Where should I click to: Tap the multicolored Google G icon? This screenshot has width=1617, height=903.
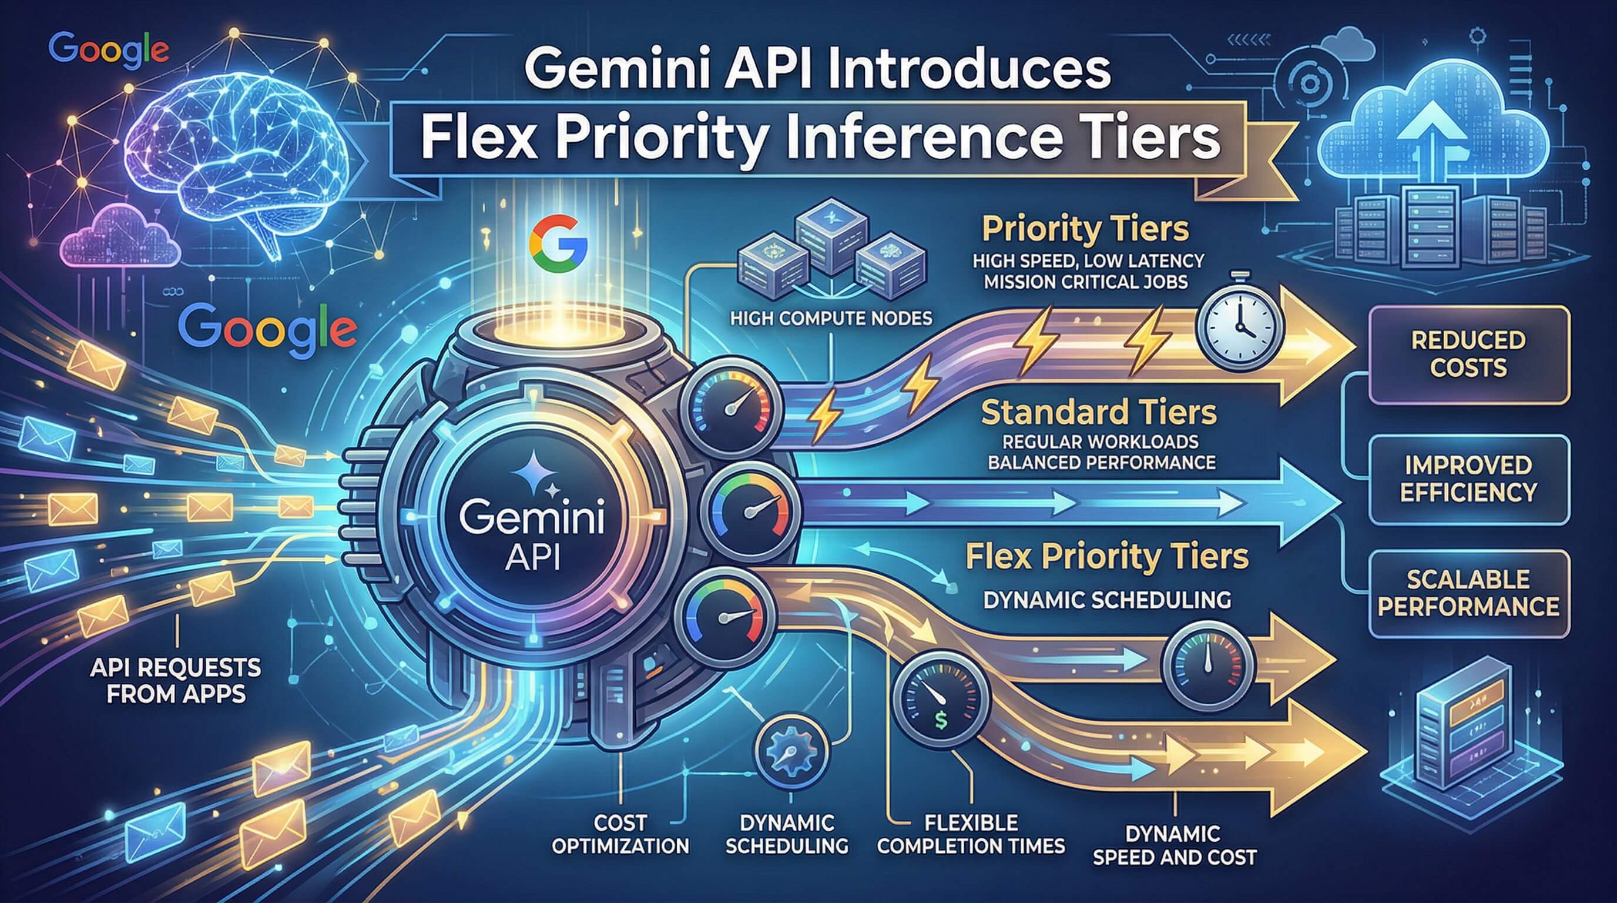[558, 243]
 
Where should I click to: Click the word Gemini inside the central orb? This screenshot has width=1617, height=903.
[532, 518]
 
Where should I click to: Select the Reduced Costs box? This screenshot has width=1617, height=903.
[1468, 354]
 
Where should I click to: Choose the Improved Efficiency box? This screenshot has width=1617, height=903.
[1468, 479]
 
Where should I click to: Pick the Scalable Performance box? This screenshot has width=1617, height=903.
[1468, 593]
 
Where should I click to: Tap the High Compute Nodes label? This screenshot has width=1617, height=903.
[831, 319]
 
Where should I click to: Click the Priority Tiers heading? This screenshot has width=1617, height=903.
[1085, 229]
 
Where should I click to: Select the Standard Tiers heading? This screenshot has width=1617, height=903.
[1099, 413]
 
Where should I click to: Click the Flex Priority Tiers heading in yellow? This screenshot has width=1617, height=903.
[1106, 557]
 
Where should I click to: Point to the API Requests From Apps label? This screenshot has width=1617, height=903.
[176, 680]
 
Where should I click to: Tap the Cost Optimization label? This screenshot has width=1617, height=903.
[620, 834]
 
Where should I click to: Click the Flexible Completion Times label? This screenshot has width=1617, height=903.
[971, 834]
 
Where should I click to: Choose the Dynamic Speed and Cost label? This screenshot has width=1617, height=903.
[1174, 845]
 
